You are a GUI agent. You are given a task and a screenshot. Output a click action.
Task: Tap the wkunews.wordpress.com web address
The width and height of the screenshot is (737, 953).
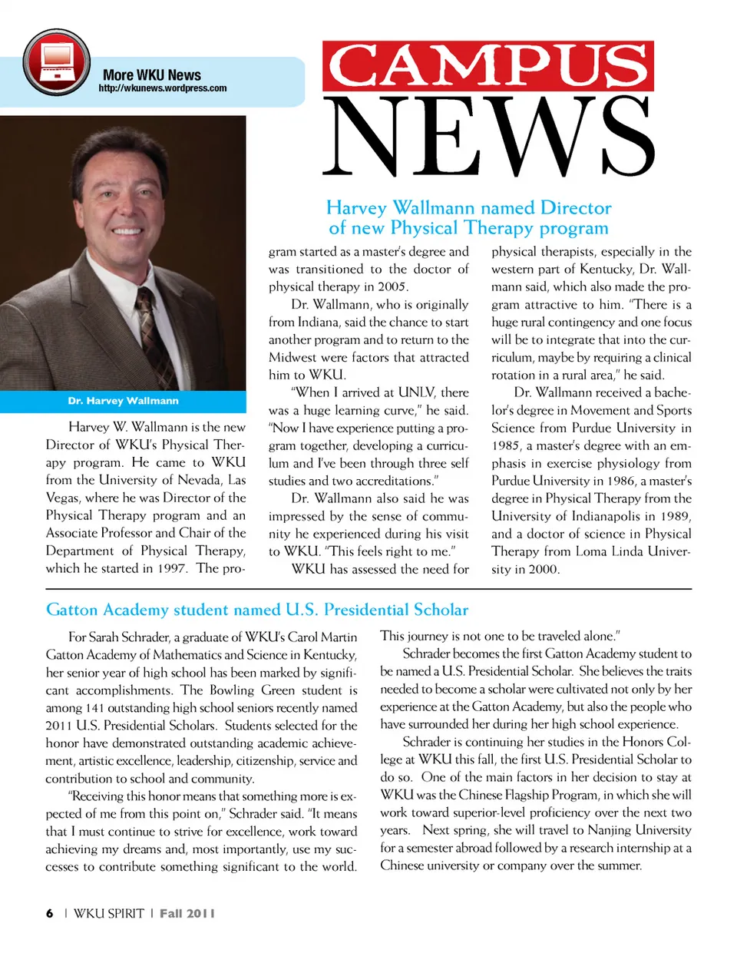[162, 88]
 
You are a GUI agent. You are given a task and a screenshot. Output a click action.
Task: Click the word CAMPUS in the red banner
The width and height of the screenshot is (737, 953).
[488, 66]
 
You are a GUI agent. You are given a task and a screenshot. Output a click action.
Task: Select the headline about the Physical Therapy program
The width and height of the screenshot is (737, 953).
[468, 218]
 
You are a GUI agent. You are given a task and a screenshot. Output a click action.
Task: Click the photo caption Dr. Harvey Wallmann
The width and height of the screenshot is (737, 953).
[123, 401]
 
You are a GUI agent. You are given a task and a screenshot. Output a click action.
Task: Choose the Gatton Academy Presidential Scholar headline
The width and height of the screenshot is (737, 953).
[256, 611]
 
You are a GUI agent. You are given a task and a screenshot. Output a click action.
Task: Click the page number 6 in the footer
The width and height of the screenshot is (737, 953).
[50, 913]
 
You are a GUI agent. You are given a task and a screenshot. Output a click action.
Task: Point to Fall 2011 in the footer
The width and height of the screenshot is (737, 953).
[187, 913]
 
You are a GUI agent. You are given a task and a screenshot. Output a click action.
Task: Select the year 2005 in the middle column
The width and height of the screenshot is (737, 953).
[392, 287]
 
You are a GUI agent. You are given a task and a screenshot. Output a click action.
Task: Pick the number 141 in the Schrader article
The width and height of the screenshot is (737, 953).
[94, 708]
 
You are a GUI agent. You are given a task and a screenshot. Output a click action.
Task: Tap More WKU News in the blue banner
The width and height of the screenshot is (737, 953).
[151, 75]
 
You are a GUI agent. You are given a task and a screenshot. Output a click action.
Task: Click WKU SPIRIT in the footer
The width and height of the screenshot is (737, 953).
[108, 913]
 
